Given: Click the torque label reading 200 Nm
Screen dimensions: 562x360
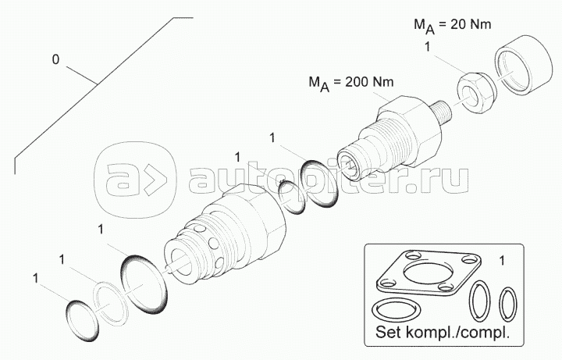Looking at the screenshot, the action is (x=351, y=84).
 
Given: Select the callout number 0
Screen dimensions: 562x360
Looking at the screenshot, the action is (x=55, y=59).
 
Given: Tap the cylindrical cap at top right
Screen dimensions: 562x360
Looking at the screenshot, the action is (x=524, y=65).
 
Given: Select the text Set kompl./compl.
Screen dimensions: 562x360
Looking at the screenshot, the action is (x=443, y=332).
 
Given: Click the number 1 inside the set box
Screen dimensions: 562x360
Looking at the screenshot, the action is (x=502, y=261).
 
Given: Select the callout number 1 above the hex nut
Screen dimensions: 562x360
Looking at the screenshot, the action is (x=427, y=48).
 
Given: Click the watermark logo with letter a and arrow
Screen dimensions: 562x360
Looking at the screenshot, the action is (x=136, y=180).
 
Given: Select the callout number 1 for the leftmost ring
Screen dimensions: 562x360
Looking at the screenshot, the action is (x=35, y=278).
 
